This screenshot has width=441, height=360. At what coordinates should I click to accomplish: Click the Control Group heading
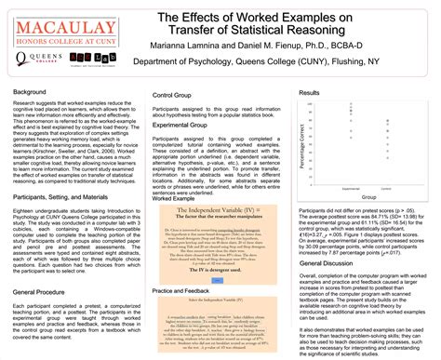172,96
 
